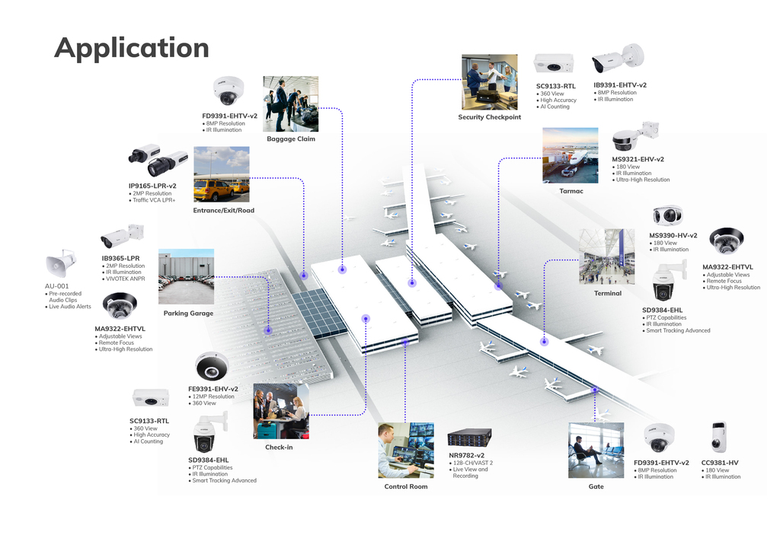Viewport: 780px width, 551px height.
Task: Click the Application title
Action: [x=132, y=47]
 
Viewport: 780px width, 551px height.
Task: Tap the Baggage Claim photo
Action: [x=290, y=104]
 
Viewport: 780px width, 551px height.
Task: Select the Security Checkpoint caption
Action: [x=489, y=117]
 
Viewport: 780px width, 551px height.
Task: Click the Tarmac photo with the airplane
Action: [x=570, y=155]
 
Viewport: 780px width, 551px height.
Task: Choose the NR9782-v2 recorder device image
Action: [x=468, y=437]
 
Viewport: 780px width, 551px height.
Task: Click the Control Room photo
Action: [x=405, y=450]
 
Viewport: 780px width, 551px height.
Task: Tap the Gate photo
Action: [x=596, y=450]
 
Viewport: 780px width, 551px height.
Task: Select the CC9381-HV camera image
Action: [x=718, y=437]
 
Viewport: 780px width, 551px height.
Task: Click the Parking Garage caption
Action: [x=188, y=313]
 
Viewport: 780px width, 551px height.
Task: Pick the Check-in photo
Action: [x=280, y=411]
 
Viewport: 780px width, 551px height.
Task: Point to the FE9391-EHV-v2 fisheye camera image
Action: [x=212, y=366]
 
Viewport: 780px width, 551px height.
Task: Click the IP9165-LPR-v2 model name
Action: [x=152, y=186]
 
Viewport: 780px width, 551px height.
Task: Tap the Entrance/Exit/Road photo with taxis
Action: [x=221, y=174]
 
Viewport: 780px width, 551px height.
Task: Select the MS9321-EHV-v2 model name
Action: [x=638, y=159]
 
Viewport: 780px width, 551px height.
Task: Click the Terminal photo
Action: [x=606, y=256]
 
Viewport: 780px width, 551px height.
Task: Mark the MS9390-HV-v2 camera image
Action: [x=668, y=215]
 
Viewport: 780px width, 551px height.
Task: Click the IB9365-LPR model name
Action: [x=120, y=258]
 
